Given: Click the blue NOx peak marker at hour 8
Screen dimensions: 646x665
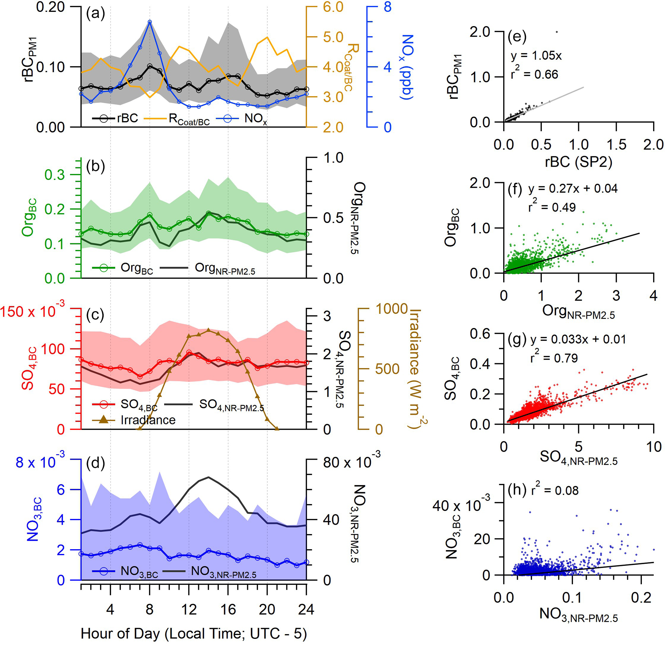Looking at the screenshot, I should coord(150,21).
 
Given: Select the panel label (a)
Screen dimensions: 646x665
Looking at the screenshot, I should coord(95,14).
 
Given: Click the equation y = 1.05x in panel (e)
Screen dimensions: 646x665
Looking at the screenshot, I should coord(536,56).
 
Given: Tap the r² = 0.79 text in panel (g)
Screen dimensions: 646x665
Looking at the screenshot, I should coord(554,358).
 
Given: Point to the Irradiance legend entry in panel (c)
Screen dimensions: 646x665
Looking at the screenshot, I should coord(148,420).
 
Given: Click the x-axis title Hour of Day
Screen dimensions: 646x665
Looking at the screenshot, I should coord(194,633).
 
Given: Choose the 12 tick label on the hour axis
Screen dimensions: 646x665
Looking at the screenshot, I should coord(189,610).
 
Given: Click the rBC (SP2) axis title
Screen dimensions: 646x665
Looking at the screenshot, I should coord(578,162).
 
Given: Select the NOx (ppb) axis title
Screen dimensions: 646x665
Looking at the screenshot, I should coord(407,67).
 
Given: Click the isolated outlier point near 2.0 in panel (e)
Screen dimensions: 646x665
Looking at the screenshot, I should coord(557,32).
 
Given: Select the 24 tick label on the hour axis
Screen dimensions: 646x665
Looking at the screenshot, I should coord(306,610).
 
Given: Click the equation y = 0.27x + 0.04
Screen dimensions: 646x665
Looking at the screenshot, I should coord(573,189).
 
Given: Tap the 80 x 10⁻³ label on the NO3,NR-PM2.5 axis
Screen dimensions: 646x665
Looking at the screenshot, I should coord(352,462).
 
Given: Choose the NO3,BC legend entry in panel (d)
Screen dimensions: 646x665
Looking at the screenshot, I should coord(139,571).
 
